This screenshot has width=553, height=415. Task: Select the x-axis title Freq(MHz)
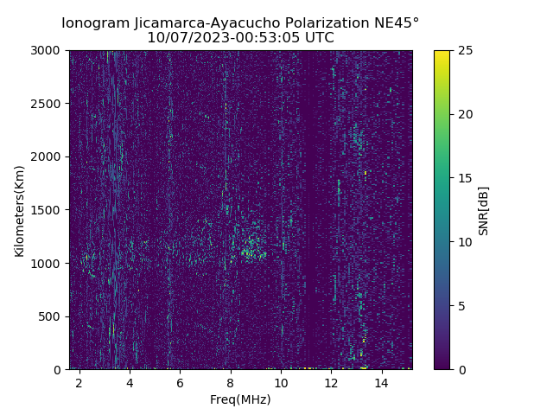point(240,399)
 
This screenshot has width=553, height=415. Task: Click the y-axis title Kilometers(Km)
point(19,210)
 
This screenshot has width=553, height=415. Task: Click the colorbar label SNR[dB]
point(484,210)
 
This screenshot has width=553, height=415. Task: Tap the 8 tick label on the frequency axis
point(231,382)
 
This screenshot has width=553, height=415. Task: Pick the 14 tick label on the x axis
point(381,382)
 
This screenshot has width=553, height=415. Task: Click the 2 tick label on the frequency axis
point(79,382)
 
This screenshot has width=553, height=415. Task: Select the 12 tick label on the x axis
point(331,382)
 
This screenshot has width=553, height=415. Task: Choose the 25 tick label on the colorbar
point(464,50)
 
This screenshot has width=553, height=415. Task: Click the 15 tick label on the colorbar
point(464,178)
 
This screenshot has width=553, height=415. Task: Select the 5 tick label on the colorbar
point(461,306)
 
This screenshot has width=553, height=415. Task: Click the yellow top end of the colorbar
point(442,54)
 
